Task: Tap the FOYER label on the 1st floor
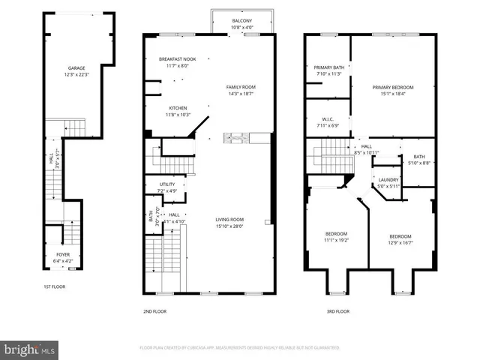[64, 254]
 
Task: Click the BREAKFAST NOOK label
[177, 58]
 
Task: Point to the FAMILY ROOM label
[241, 87]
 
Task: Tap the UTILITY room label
[167, 184]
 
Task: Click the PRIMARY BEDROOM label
[393, 87]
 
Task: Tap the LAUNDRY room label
[388, 179]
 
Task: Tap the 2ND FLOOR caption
[154, 310]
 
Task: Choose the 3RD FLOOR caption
[337, 310]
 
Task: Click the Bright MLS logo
[30, 349]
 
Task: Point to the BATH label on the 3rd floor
[412, 157]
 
